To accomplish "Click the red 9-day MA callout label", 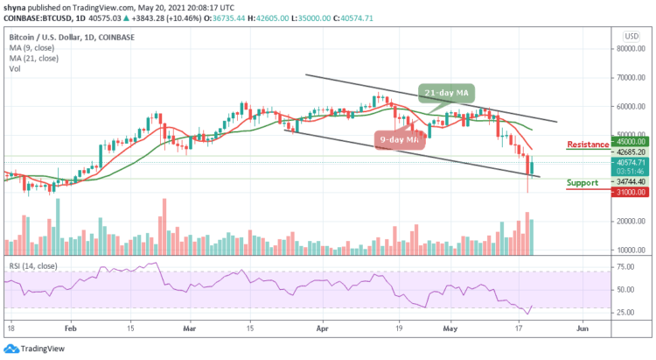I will click(400, 138).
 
